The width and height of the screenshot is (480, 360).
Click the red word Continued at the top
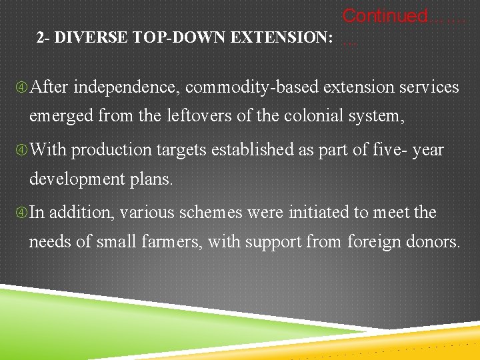point(385,15)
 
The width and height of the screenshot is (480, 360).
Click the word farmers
point(173,241)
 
